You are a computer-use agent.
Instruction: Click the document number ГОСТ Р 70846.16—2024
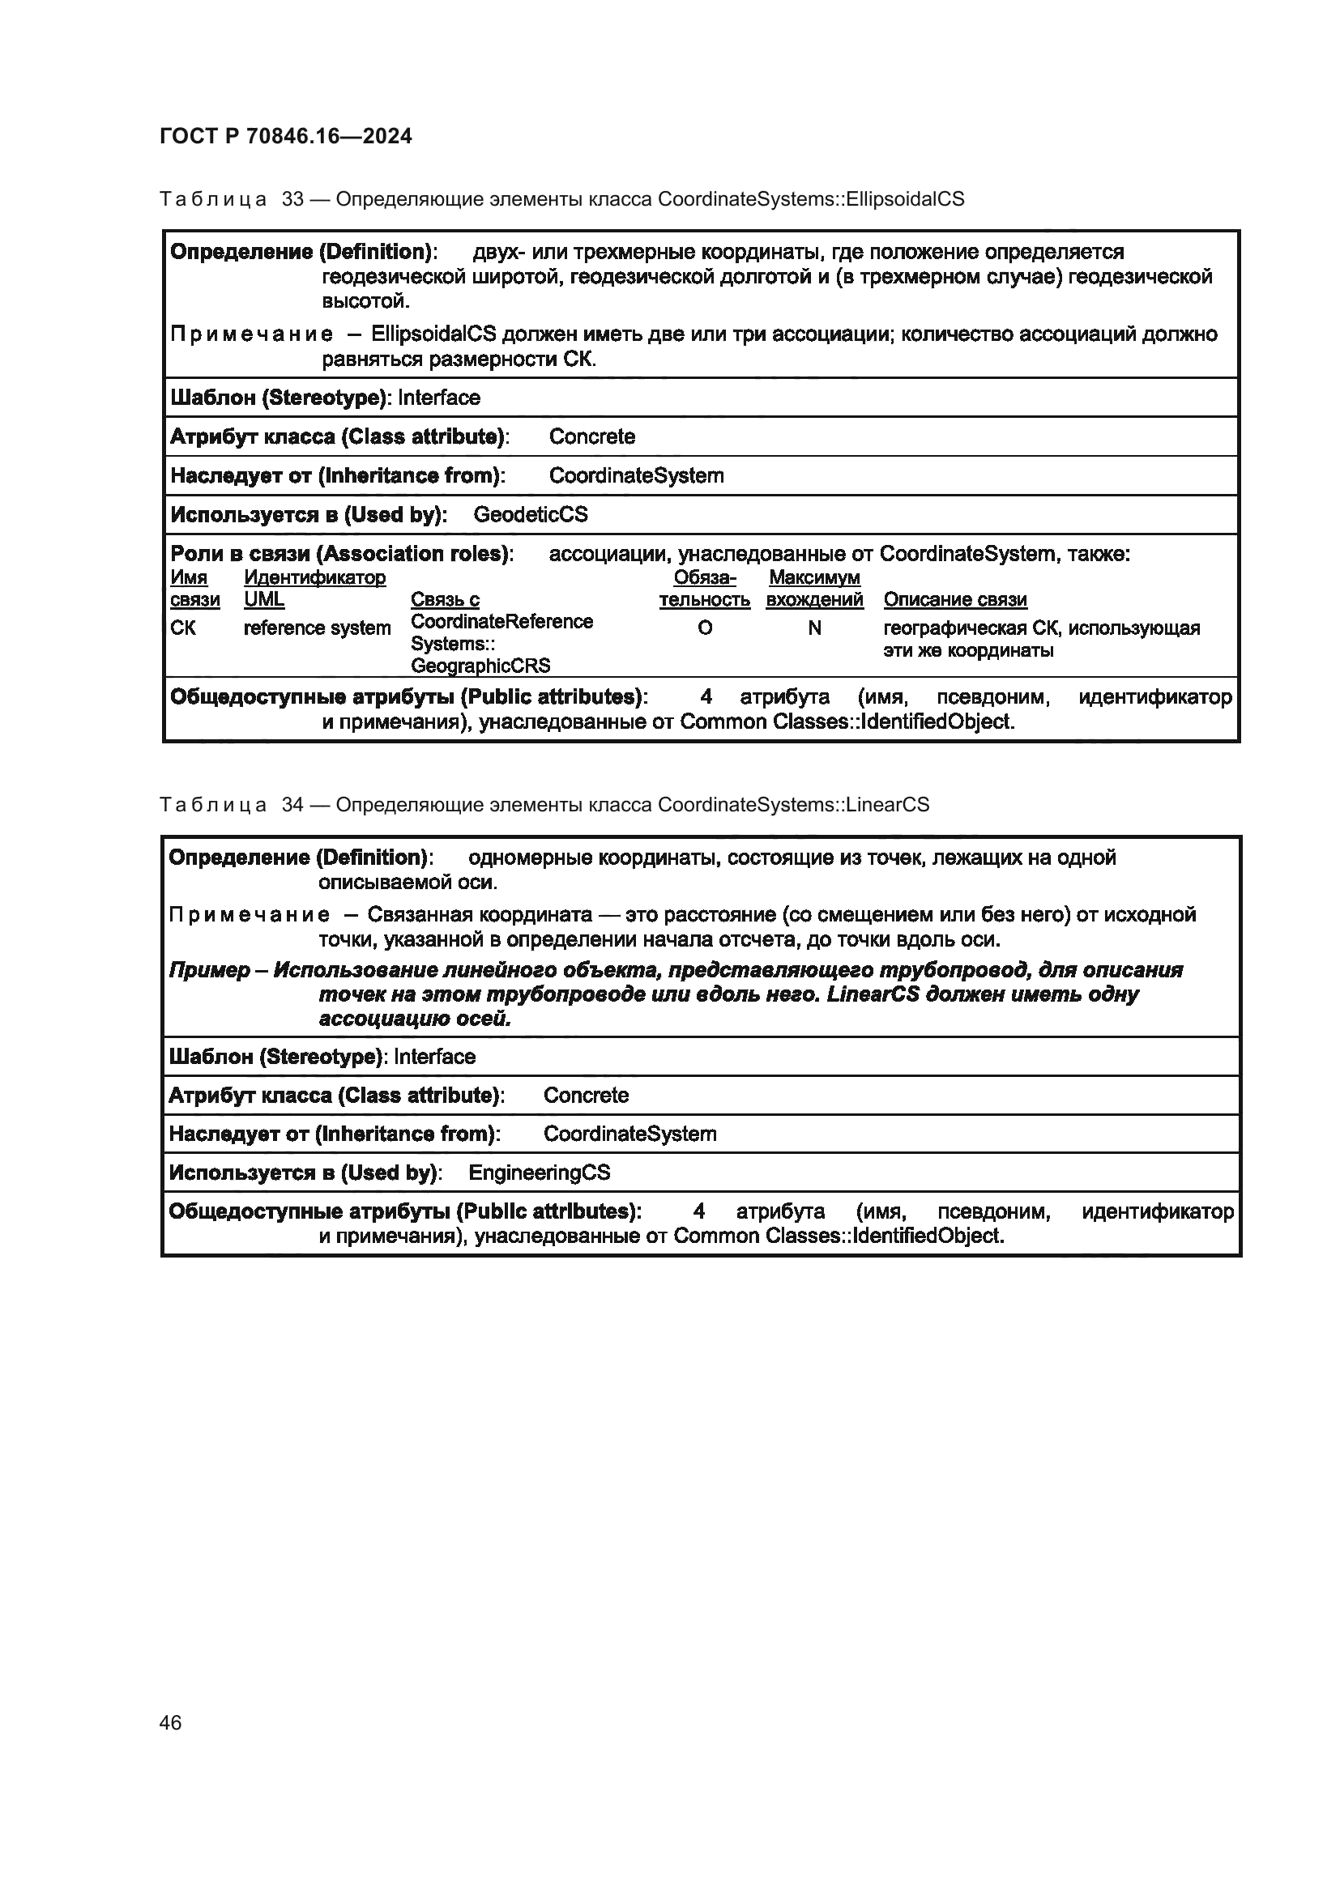point(285,136)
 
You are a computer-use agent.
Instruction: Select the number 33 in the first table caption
point(293,199)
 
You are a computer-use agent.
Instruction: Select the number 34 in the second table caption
point(293,804)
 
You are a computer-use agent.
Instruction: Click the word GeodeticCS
point(531,515)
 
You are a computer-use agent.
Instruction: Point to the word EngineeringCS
point(539,1173)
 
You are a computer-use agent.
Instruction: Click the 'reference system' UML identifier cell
point(317,628)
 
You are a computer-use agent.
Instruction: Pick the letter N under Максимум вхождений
point(814,628)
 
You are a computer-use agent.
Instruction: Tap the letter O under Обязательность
point(705,628)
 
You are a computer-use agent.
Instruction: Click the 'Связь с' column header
point(445,600)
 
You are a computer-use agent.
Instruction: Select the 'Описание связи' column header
point(954,600)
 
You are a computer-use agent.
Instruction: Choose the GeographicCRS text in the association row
point(480,666)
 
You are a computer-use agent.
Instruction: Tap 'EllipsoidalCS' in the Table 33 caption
point(906,199)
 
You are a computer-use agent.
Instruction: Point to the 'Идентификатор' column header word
point(314,577)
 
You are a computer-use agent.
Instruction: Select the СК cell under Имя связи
point(183,628)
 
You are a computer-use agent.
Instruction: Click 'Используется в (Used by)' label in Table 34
point(305,1173)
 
